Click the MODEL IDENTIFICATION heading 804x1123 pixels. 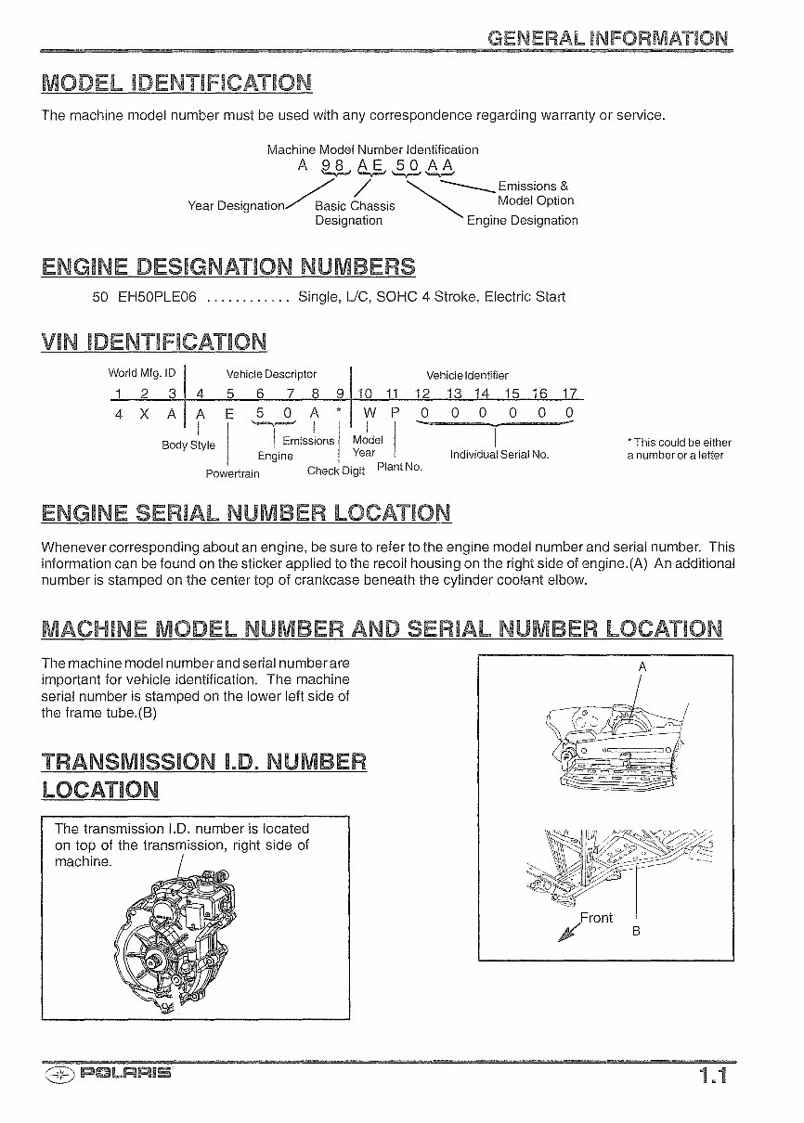coord(176,83)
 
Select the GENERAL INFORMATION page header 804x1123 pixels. coord(608,38)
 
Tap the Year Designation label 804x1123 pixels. coord(236,206)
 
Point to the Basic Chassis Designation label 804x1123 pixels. coord(355,213)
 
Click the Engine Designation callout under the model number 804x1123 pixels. coord(522,220)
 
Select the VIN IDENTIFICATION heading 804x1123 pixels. coord(154,342)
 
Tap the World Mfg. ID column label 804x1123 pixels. coord(142,373)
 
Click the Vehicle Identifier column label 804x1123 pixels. coord(467,375)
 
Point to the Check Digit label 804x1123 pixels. coord(336,471)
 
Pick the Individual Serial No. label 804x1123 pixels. coord(499,455)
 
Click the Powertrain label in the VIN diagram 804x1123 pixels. coord(232,473)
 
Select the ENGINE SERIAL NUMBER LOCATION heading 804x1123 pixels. coord(246,512)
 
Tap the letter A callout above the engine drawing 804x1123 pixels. coord(642,667)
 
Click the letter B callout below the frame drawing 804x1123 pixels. coord(636,931)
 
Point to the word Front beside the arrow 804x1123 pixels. coord(596,918)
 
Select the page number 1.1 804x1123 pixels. coord(713,1077)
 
